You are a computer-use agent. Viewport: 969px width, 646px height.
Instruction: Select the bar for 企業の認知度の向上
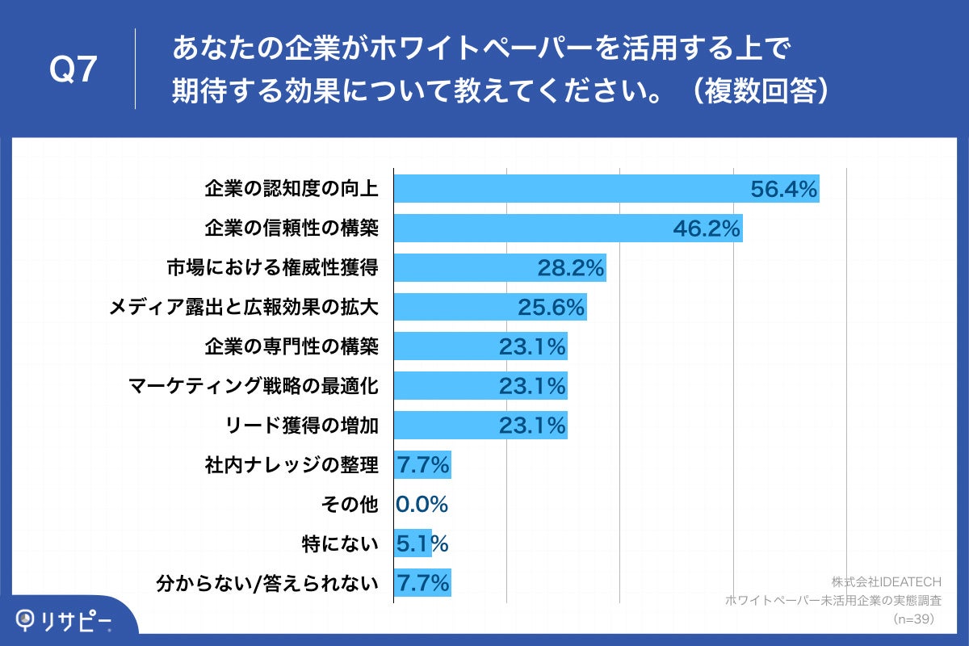(565, 189)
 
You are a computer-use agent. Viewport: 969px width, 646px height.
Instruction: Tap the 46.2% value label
(707, 229)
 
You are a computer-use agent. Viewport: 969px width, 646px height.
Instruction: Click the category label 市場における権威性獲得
(273, 268)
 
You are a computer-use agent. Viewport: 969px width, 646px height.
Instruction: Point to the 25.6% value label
(551, 308)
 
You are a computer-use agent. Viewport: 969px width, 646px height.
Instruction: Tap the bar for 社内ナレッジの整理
(422, 465)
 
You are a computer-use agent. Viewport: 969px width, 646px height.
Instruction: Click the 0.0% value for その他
(422, 505)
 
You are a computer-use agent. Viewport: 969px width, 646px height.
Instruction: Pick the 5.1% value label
(422, 543)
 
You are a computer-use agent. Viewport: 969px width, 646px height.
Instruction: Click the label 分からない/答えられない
(267, 583)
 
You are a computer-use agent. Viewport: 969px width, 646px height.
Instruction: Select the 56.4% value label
(784, 190)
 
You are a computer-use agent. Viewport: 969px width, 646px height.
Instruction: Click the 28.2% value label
(571, 268)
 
